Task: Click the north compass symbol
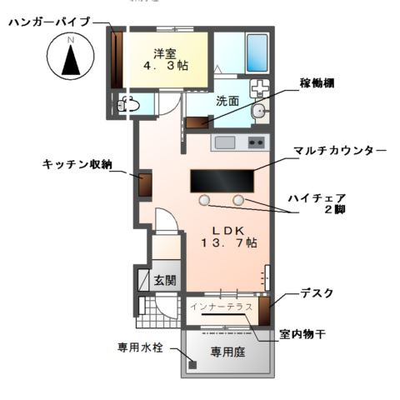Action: tap(71, 58)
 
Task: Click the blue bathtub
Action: tap(256, 53)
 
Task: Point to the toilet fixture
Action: tap(129, 104)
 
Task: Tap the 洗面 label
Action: tap(227, 102)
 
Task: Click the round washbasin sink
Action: tap(260, 111)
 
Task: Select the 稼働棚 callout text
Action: tap(320, 84)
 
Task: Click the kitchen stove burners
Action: tap(256, 142)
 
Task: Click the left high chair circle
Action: tap(204, 200)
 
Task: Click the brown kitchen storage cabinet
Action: tap(145, 185)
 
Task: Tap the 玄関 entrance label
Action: tap(165, 281)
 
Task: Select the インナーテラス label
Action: tap(221, 307)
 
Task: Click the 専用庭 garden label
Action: tap(227, 352)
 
